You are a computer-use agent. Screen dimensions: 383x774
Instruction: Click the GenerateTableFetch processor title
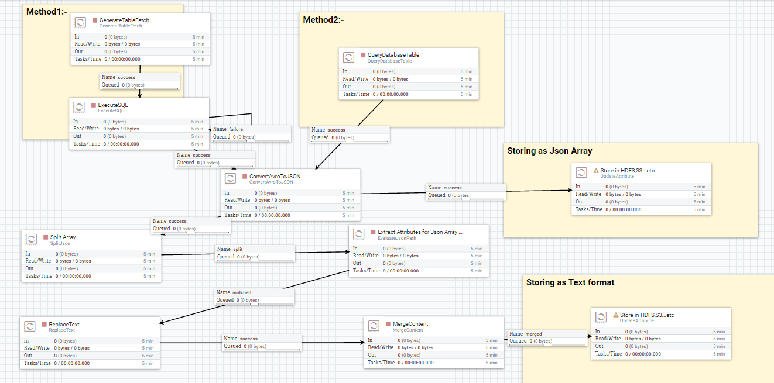[124, 20]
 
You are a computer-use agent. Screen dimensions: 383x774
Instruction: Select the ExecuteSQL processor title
[113, 105]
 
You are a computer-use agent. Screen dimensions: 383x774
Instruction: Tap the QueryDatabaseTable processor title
[393, 55]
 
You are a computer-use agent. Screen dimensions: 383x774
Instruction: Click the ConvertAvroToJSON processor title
[275, 177]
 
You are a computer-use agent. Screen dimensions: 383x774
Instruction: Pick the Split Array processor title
[63, 237]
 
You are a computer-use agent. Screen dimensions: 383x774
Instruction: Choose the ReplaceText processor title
[64, 325]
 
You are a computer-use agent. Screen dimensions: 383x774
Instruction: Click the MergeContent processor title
[410, 324]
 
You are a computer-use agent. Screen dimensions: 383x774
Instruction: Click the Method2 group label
[323, 20]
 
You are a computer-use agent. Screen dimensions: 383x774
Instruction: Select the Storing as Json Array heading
[549, 151]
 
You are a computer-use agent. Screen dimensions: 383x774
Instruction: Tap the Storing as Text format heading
[570, 282]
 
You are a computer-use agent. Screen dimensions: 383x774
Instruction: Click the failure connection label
[235, 129]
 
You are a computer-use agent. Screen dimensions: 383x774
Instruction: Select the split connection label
[238, 249]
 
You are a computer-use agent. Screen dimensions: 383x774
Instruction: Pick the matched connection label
[241, 292]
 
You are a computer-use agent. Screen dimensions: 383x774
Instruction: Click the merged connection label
[533, 334]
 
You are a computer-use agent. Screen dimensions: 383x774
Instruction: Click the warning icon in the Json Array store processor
[596, 171]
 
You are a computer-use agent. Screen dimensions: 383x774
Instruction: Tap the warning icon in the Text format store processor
[616, 315]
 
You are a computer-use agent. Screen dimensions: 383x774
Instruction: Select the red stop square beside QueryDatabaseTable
[362, 55]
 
